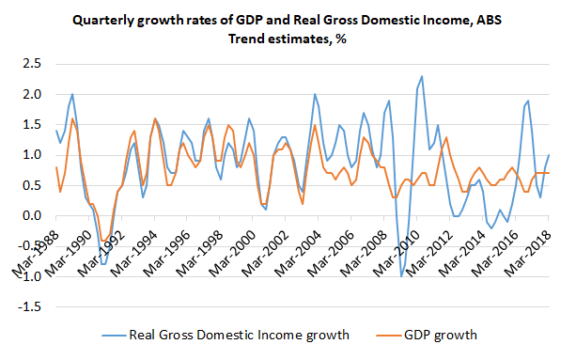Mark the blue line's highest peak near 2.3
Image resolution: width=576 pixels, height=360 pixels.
coord(422,76)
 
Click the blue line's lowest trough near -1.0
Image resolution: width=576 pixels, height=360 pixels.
coord(402,275)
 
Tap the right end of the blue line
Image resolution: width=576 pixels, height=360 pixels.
coord(549,155)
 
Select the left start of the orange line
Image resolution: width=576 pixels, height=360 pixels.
coord(56,167)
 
